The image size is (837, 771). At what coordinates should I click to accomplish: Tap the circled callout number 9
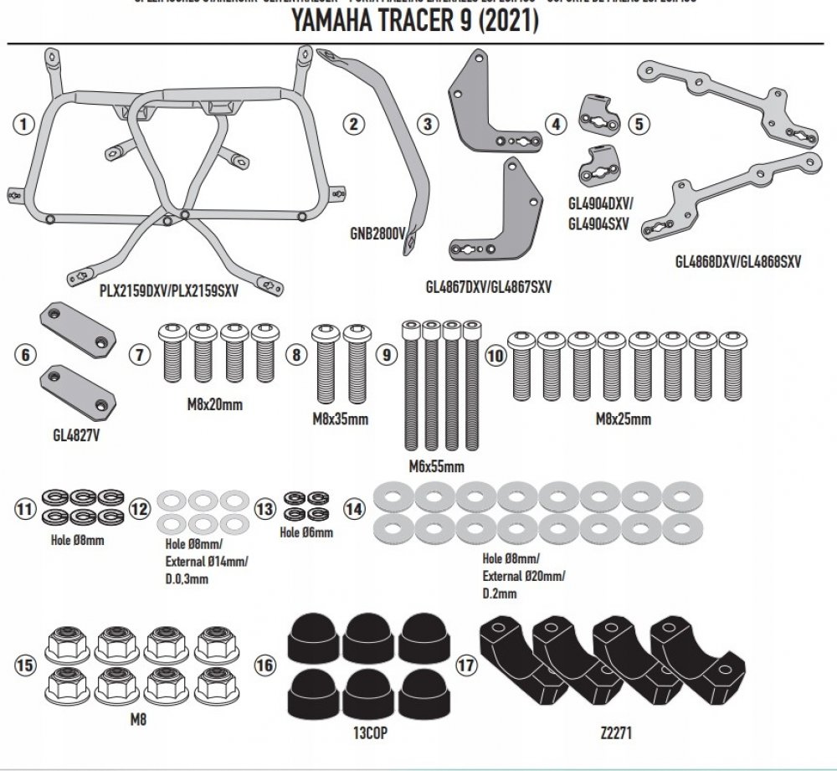coord(386,355)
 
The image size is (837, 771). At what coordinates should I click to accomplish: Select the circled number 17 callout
coord(466,666)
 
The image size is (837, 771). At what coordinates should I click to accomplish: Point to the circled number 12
coord(140,508)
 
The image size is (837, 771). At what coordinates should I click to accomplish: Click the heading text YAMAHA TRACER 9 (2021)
coord(414,22)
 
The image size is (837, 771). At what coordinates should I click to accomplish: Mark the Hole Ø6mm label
coord(306,532)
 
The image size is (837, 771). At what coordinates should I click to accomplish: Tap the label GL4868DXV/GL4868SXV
coord(738,261)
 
